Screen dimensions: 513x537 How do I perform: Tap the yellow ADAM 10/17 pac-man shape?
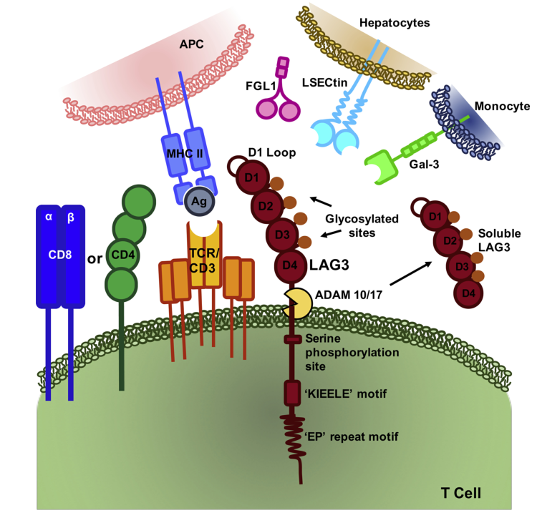point(296,303)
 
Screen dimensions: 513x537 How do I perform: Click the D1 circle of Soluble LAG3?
point(431,214)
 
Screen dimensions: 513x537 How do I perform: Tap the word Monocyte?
point(504,107)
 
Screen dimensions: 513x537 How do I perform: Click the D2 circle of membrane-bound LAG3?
point(266,206)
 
